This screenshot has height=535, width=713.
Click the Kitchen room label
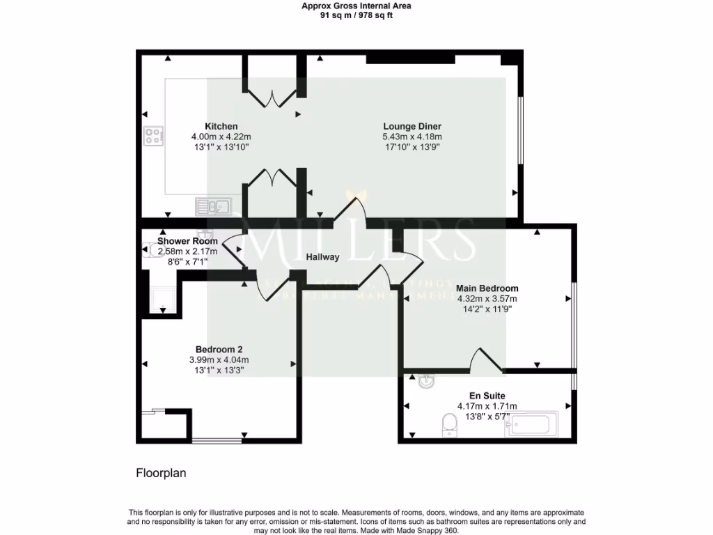click(221, 126)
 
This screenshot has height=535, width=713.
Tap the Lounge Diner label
click(412, 126)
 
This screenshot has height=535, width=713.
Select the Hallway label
click(323, 257)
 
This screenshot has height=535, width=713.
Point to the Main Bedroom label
click(487, 288)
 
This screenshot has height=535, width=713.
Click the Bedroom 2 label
click(219, 349)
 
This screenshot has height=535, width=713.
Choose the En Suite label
click(487, 396)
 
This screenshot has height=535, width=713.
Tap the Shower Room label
click(187, 241)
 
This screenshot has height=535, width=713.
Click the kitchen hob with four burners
click(153, 136)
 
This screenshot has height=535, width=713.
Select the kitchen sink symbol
click(213, 206)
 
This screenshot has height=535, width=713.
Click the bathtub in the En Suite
click(533, 424)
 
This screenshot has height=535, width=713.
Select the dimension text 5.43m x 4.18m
click(412, 137)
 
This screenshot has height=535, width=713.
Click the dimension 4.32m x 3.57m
click(487, 298)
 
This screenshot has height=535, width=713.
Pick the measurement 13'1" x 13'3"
click(219, 370)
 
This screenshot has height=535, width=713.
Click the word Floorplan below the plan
click(160, 473)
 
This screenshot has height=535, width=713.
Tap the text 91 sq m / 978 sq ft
click(356, 15)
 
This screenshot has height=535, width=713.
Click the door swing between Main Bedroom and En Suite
click(485, 359)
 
